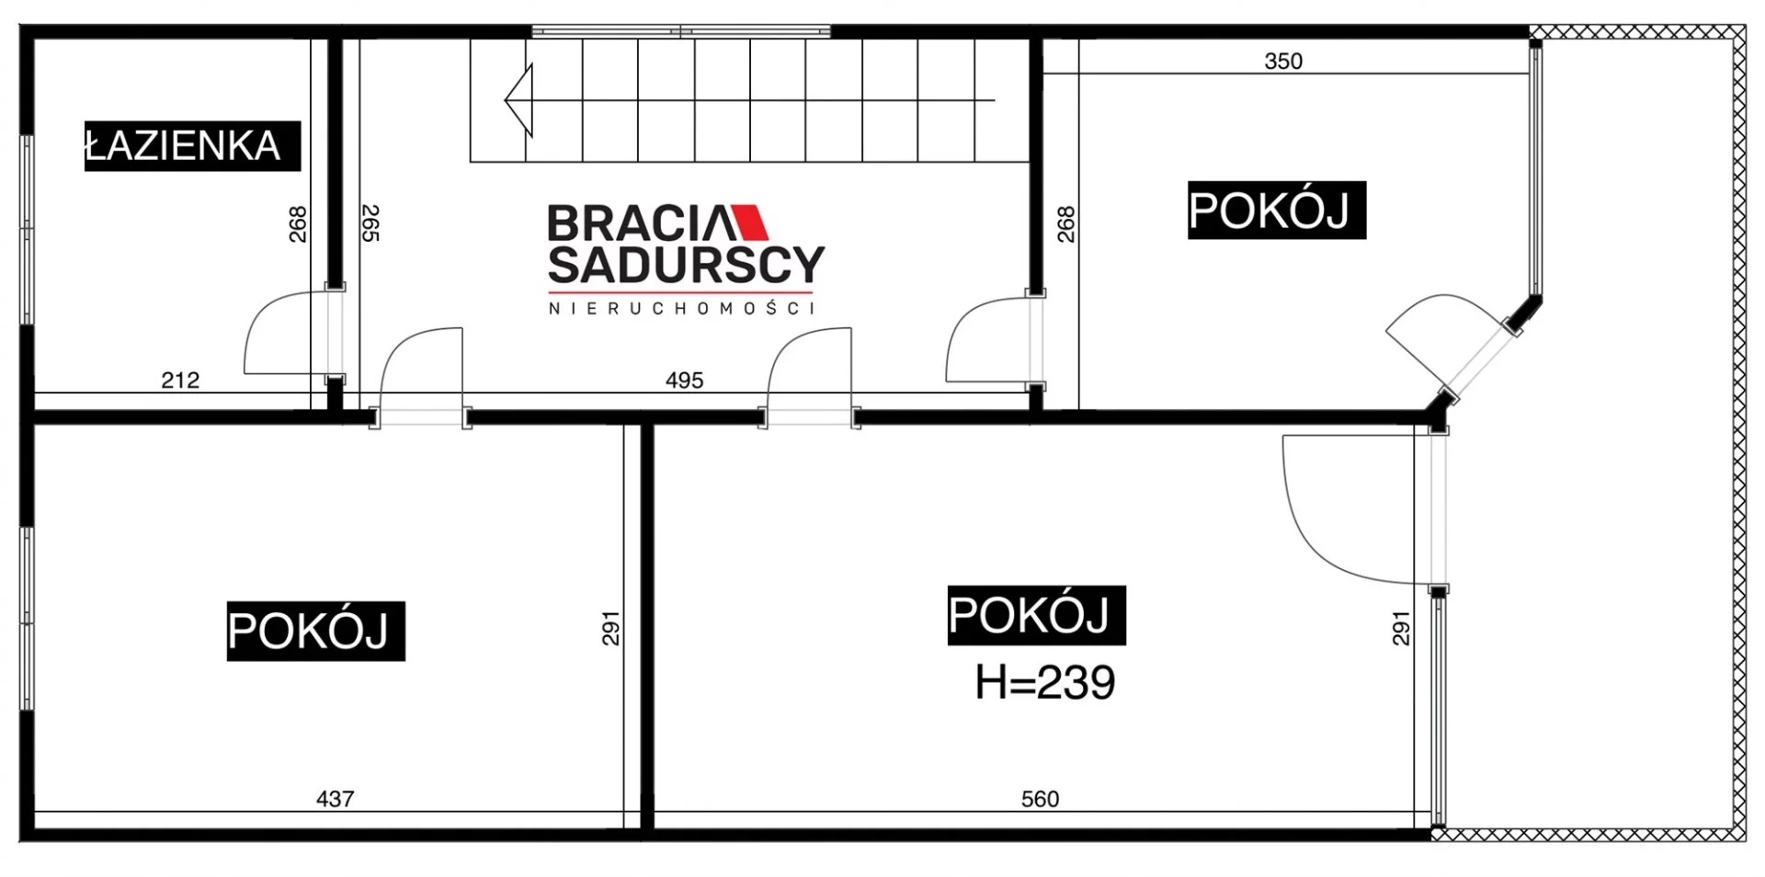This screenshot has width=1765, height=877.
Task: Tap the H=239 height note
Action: (x=1045, y=683)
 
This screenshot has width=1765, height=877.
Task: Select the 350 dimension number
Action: (x=1283, y=62)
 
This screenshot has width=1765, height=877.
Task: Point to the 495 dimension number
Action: (x=685, y=380)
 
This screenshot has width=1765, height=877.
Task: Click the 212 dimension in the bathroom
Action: (x=180, y=380)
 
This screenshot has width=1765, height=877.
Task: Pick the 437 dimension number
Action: (x=335, y=799)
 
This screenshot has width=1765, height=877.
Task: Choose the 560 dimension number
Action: (x=1040, y=799)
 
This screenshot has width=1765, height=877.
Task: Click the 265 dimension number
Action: (x=370, y=223)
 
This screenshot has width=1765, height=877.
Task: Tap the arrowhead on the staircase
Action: (x=518, y=99)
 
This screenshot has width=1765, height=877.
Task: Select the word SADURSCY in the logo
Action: (x=686, y=265)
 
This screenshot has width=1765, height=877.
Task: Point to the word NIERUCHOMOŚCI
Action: (x=681, y=309)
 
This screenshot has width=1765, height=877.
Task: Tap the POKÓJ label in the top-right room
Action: (x=1277, y=211)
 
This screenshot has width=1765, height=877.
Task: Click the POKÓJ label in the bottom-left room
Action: (x=315, y=631)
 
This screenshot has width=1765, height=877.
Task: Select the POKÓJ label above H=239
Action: (x=1036, y=614)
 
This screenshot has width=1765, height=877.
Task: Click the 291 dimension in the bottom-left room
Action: (x=611, y=629)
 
